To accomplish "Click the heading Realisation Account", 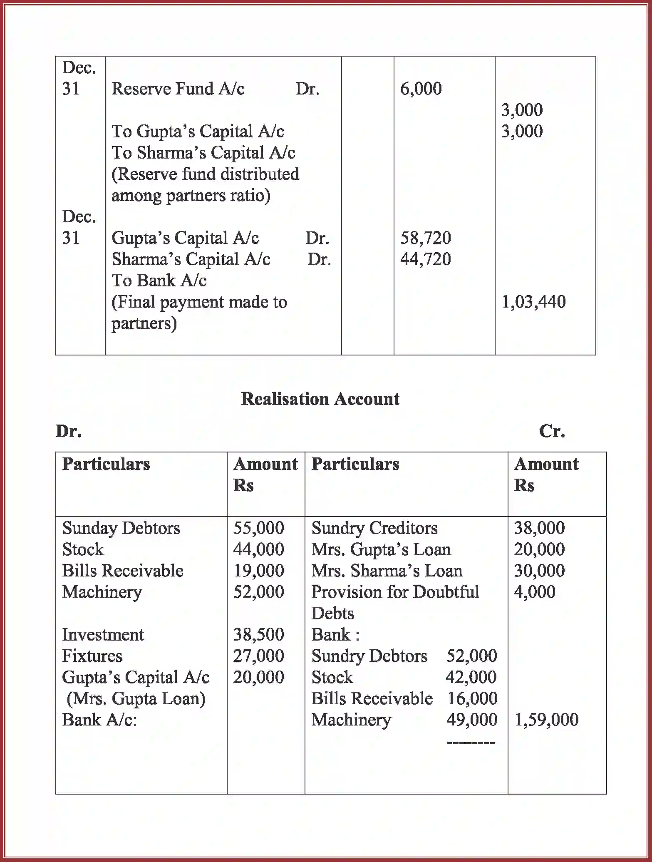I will point(320,399).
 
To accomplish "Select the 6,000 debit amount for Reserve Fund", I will point(421,89).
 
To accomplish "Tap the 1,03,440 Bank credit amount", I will point(533,302).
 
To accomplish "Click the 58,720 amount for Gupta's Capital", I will point(425,238).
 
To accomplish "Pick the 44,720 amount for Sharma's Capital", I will point(425,259).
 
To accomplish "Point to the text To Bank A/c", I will point(159,281).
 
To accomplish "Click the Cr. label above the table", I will point(552,431).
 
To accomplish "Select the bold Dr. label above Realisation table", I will point(69,431).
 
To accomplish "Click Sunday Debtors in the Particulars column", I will point(121,528).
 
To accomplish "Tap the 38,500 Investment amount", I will point(258,634).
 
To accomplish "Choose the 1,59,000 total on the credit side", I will point(546,720).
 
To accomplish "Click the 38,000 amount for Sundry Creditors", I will point(539,528).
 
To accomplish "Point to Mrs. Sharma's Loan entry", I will point(387,571).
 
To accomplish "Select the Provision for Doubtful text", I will point(395,592).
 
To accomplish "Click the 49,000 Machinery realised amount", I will point(471,720).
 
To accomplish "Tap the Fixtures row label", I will point(92,656).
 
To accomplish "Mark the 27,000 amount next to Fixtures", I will point(258,656).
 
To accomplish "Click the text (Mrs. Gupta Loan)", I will point(136,698).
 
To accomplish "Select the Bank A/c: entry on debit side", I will point(99,720).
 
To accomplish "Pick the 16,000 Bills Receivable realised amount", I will point(472,698).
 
